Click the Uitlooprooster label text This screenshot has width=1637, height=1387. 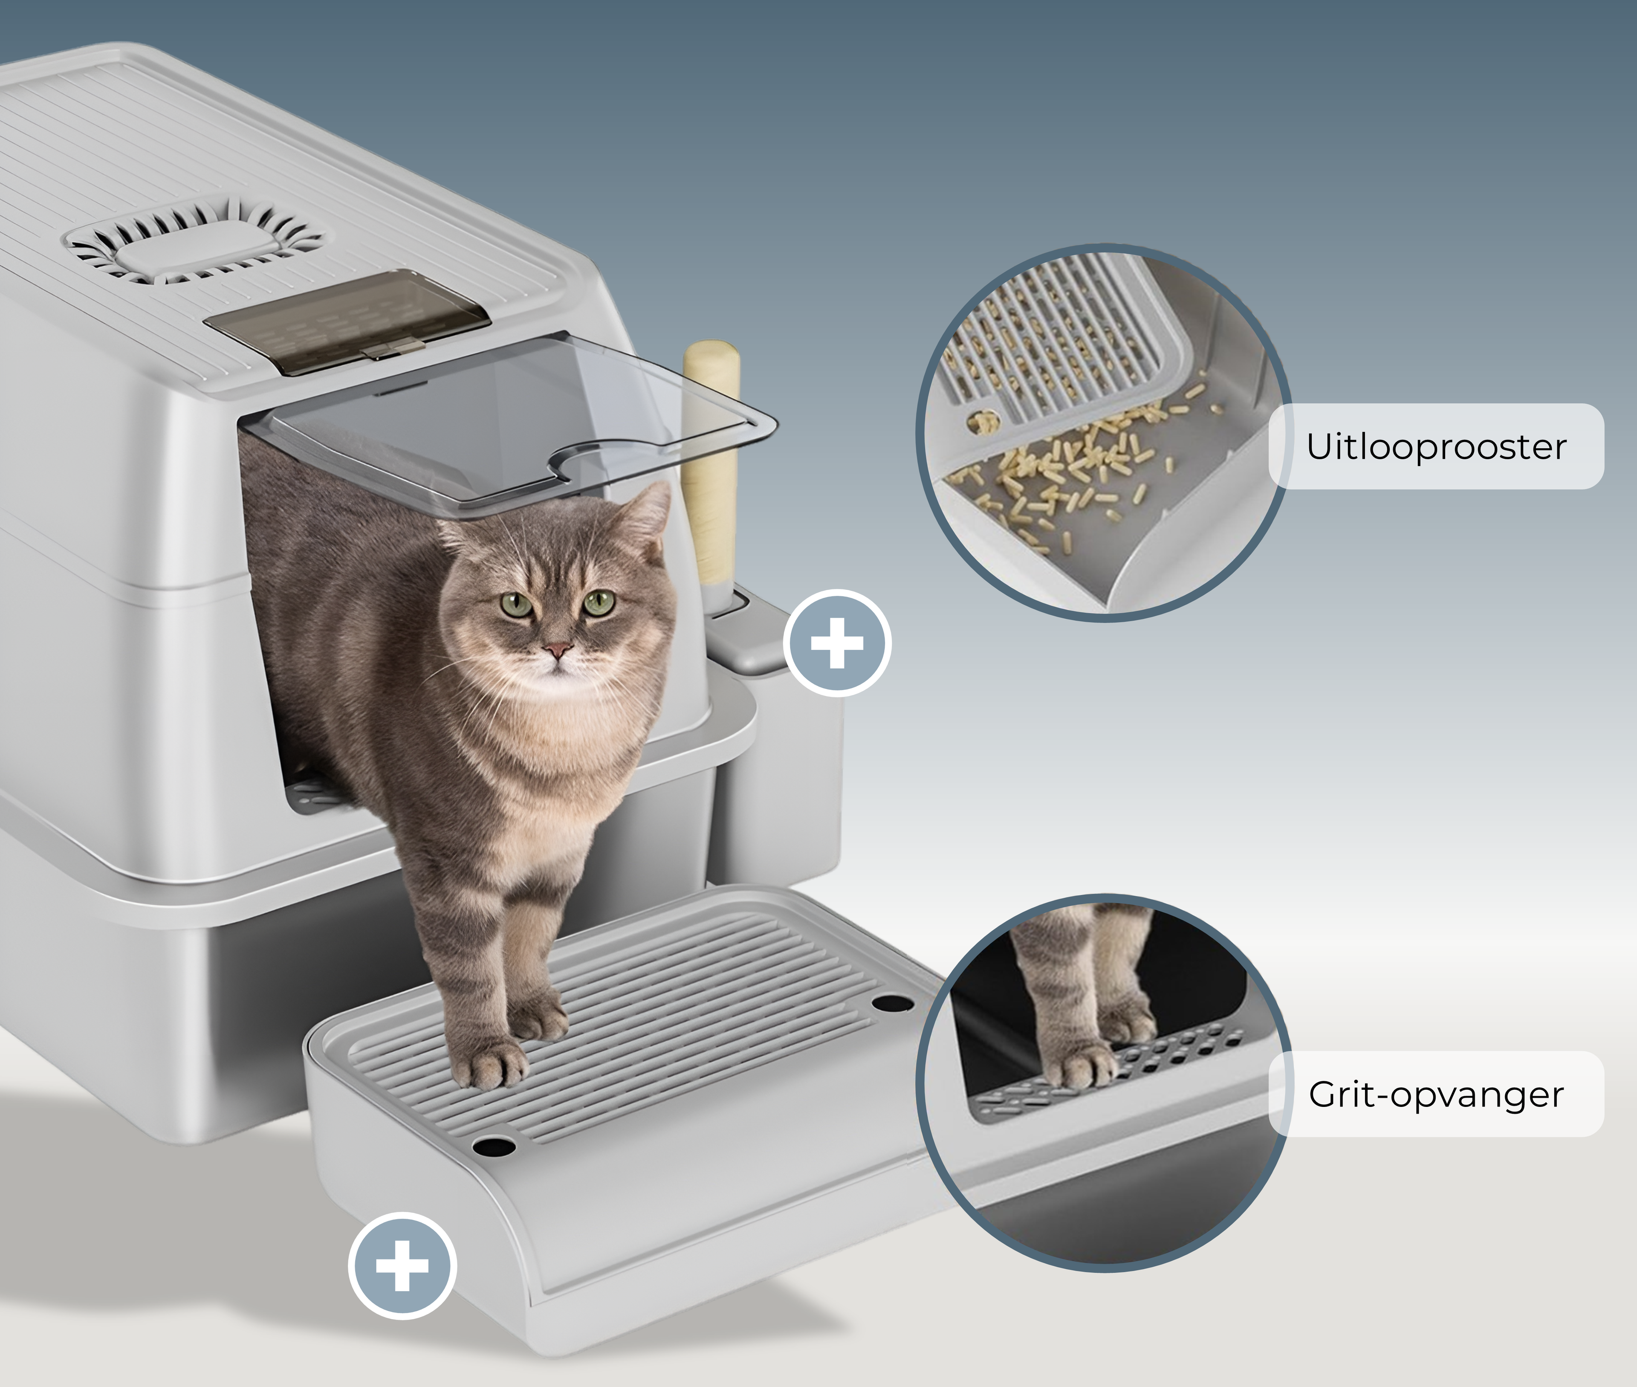(x=1436, y=446)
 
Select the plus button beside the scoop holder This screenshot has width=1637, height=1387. (x=837, y=643)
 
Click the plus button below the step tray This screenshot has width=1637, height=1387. (x=402, y=1265)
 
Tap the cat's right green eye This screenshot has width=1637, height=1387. (x=599, y=603)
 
